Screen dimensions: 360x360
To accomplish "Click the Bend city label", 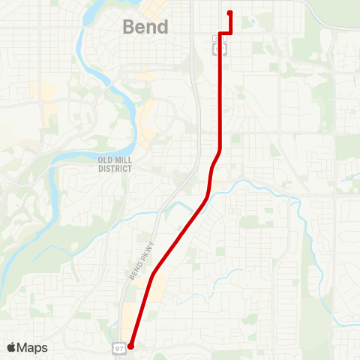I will (145, 27).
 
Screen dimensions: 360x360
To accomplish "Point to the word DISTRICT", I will (115, 169).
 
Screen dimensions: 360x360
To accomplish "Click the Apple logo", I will (12, 347).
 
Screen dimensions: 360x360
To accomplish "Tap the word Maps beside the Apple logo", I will (33, 347).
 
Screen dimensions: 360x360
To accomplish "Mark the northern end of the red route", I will (229, 13).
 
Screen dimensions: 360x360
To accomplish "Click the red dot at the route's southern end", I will (130, 346).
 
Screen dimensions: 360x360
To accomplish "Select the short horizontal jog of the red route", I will (224, 33).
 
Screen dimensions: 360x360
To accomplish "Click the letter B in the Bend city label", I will (128, 27).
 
